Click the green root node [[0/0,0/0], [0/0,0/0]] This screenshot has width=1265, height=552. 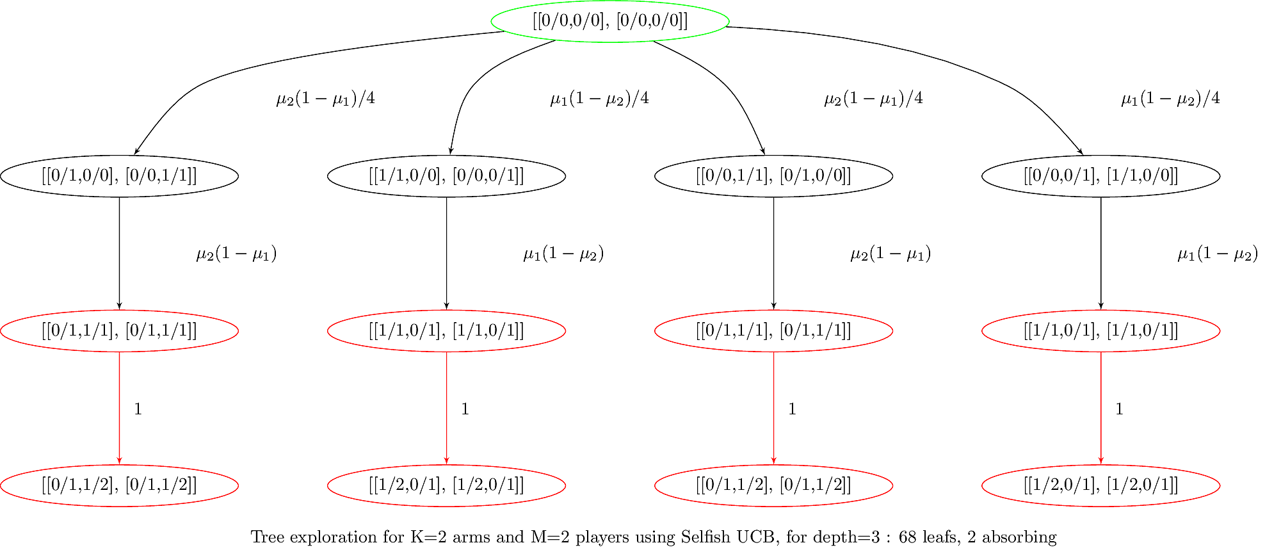(609, 21)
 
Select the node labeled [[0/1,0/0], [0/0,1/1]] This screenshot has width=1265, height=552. (119, 176)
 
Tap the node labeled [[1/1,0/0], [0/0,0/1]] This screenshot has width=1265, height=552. (446, 176)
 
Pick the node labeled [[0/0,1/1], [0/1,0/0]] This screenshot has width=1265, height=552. (773, 176)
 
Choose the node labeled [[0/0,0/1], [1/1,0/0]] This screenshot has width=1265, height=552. (1100, 176)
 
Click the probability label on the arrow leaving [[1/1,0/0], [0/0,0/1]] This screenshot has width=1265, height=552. (563, 254)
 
